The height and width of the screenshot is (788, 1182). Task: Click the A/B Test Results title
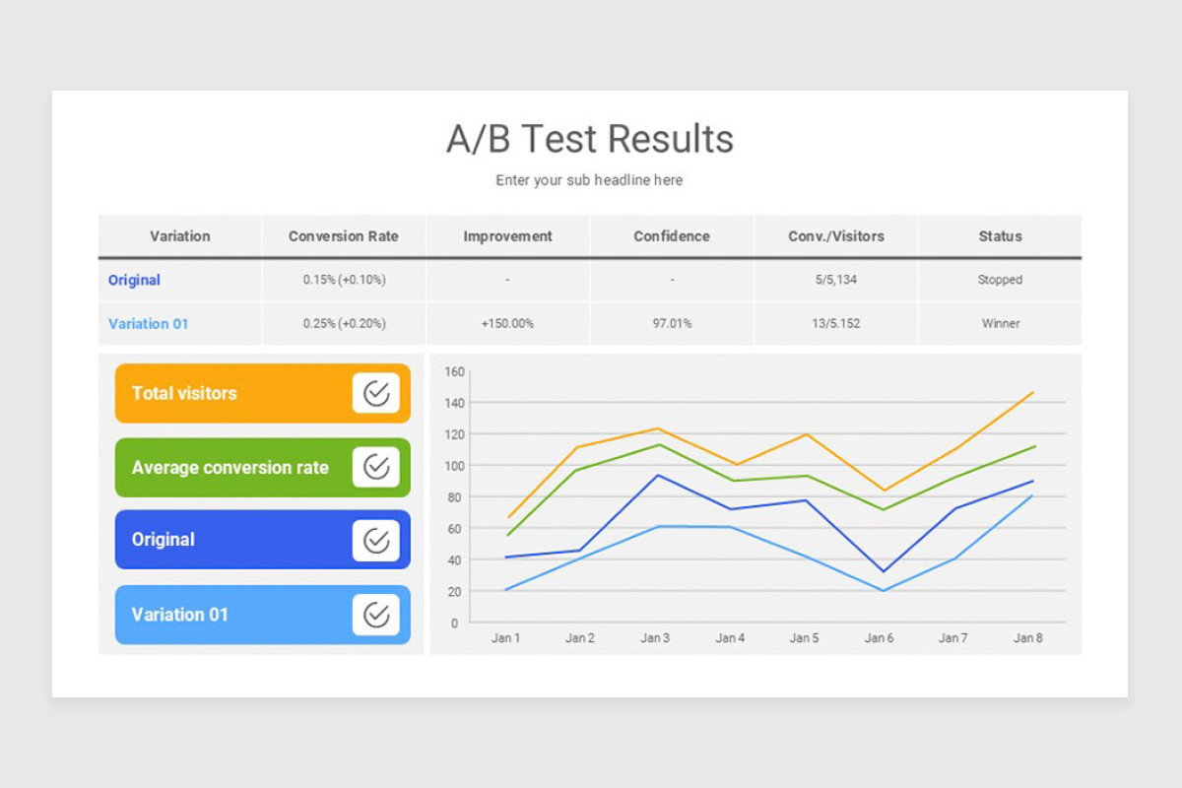coord(590,139)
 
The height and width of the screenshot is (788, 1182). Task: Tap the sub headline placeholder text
coord(589,180)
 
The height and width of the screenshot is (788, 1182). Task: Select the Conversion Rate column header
coord(344,236)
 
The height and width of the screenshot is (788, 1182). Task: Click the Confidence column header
coord(672,236)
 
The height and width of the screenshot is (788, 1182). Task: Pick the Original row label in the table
coord(134,280)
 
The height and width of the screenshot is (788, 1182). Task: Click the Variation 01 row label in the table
coord(148,323)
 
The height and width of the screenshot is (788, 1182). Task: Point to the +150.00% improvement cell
coord(507,323)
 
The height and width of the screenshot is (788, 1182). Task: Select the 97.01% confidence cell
coord(672,323)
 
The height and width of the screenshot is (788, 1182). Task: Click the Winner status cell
coord(1000,323)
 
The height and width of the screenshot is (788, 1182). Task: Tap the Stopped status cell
coord(1000,280)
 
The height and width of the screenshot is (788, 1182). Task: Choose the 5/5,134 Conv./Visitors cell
coord(835,280)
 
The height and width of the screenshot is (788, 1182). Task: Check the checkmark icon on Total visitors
coord(376,393)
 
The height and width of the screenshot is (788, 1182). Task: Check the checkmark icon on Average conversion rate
coord(376,467)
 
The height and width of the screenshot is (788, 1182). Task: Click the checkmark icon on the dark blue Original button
coord(376,540)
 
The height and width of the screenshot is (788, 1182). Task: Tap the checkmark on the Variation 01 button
coord(376,615)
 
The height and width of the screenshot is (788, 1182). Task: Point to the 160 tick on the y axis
coord(453,371)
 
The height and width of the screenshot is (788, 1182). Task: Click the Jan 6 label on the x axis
coord(879,638)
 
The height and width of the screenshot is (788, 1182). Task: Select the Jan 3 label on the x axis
coord(655,638)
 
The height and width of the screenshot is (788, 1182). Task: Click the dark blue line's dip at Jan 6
coord(883,571)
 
